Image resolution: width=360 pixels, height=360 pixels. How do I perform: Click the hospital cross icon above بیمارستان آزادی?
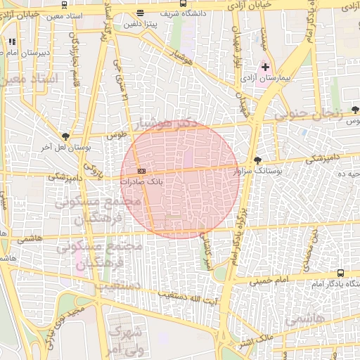(265, 67)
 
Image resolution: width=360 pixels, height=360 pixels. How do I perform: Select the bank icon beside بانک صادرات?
(142, 171)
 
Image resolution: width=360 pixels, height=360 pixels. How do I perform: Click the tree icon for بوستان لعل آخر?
(65, 136)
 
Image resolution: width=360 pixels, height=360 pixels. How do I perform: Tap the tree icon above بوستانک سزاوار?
(257, 160)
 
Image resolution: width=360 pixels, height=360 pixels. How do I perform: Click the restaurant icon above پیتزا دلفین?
(141, 13)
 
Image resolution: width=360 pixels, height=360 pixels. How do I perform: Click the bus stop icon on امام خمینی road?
(341, 273)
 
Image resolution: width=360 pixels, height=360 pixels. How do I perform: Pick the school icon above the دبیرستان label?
(12, 41)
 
